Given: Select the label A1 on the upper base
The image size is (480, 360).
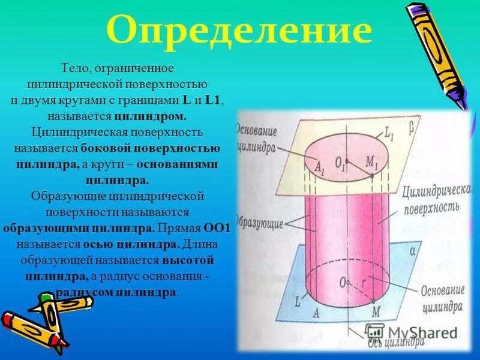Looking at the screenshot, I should point(319,167).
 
